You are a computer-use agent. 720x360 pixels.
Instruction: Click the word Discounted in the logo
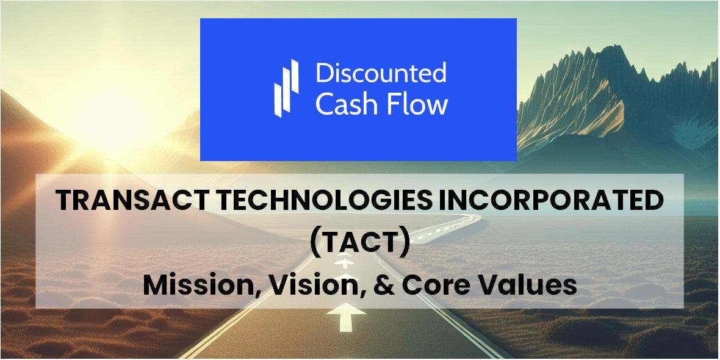(381, 73)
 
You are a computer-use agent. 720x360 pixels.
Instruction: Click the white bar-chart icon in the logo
(286, 88)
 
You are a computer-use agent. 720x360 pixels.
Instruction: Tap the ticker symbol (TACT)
(359, 243)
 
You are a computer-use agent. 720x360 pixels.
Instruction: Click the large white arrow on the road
(346, 319)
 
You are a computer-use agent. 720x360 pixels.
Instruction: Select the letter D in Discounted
(324, 73)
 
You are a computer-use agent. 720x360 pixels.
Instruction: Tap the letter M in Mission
(155, 285)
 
